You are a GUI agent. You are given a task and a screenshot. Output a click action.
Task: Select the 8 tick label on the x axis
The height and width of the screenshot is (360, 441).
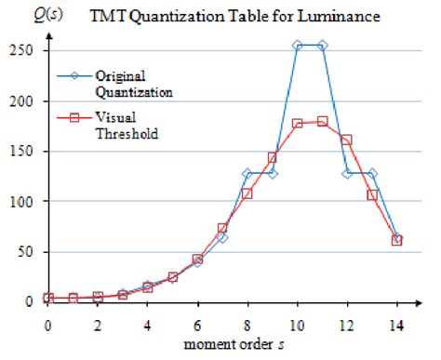(247, 327)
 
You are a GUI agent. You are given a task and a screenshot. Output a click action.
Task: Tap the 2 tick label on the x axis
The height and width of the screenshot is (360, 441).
(98, 327)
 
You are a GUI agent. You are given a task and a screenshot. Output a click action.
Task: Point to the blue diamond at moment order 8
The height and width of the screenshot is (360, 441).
(247, 174)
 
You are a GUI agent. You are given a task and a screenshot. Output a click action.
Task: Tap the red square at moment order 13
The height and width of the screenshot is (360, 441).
(373, 195)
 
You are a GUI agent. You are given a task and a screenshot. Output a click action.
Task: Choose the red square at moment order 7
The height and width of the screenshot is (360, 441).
(222, 228)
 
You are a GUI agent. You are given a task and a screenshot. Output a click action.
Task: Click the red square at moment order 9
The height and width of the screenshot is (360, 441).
(273, 158)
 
